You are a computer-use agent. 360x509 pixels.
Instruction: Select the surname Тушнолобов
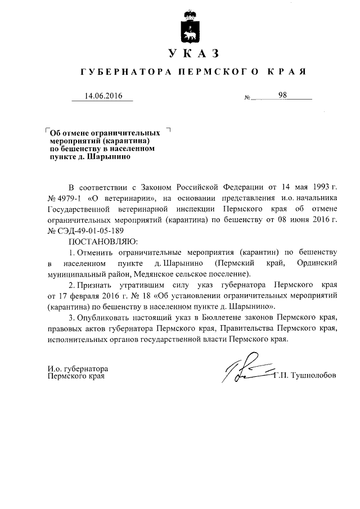312,376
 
